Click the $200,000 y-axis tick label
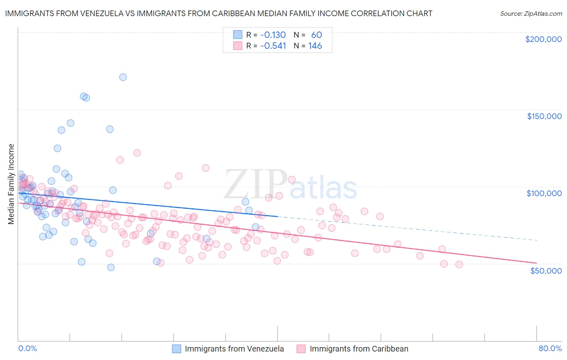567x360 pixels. pyautogui.click(x=543, y=39)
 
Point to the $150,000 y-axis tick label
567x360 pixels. pyautogui.click(x=544, y=116)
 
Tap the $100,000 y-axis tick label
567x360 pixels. pyautogui.click(x=544, y=193)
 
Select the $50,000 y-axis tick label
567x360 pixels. pyautogui.click(x=546, y=270)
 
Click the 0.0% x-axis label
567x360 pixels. pyautogui.click(x=27, y=348)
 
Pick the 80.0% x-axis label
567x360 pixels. pyautogui.click(x=550, y=348)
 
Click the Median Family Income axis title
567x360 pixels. pyautogui.click(x=11, y=184)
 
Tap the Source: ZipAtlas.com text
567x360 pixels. pyautogui.click(x=531, y=13)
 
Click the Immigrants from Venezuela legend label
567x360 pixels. pyautogui.click(x=234, y=349)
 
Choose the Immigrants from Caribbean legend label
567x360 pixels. pyautogui.click(x=359, y=349)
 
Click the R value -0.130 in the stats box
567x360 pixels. pyautogui.click(x=273, y=35)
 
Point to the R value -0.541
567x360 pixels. pyautogui.click(x=273, y=46)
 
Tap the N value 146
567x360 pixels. pyautogui.click(x=315, y=46)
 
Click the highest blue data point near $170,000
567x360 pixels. pyautogui.click(x=123, y=77)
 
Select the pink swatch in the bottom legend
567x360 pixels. pyautogui.click(x=301, y=349)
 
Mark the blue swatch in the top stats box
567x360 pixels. pyautogui.click(x=238, y=35)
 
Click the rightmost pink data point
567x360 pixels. pyautogui.click(x=459, y=264)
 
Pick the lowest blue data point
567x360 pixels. pyautogui.click(x=111, y=267)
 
